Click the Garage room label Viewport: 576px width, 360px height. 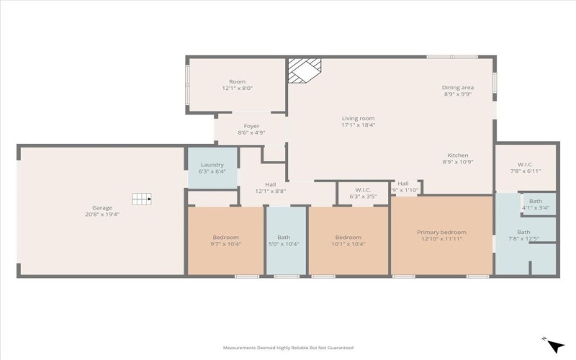click(x=102, y=207)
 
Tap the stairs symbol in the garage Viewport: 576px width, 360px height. click(x=141, y=199)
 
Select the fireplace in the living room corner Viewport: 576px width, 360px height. click(x=303, y=71)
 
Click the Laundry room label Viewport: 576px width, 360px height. click(x=212, y=165)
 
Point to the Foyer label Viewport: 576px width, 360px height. click(x=251, y=125)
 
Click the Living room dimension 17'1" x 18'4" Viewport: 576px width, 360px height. click(x=358, y=125)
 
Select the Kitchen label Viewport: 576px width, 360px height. click(x=458, y=156)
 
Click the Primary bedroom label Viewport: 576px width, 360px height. click(x=441, y=232)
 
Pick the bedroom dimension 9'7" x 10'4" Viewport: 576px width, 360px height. click(x=225, y=244)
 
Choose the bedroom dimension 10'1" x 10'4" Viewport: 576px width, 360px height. click(x=347, y=244)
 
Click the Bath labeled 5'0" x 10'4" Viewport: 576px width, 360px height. click(x=284, y=244)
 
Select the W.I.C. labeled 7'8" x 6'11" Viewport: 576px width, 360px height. click(x=524, y=171)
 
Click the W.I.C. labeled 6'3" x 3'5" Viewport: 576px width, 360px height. click(x=363, y=197)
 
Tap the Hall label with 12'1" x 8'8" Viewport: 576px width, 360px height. click(x=271, y=191)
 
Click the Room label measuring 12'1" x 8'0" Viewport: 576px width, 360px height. click(x=237, y=88)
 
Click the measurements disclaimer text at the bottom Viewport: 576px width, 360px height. click(x=287, y=347)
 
